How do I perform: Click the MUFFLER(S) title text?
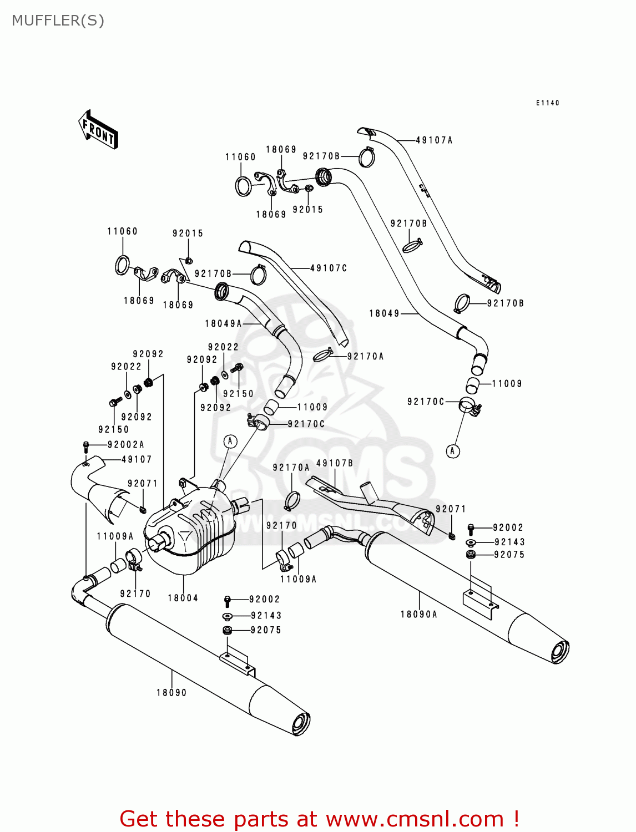58,21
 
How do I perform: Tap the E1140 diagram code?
547,103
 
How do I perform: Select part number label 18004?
183,598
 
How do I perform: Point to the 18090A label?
419,614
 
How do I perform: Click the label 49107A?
434,140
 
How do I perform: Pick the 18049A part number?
224,323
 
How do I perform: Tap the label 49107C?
329,268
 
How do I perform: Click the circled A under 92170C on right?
453,451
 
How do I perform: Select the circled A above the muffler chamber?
230,442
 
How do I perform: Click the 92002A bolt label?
126,444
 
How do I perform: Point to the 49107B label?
335,463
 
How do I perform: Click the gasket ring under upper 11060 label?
243,186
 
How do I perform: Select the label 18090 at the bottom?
171,692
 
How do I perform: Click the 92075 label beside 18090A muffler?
509,555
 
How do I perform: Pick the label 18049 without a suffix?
384,313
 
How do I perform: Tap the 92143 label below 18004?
266,616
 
